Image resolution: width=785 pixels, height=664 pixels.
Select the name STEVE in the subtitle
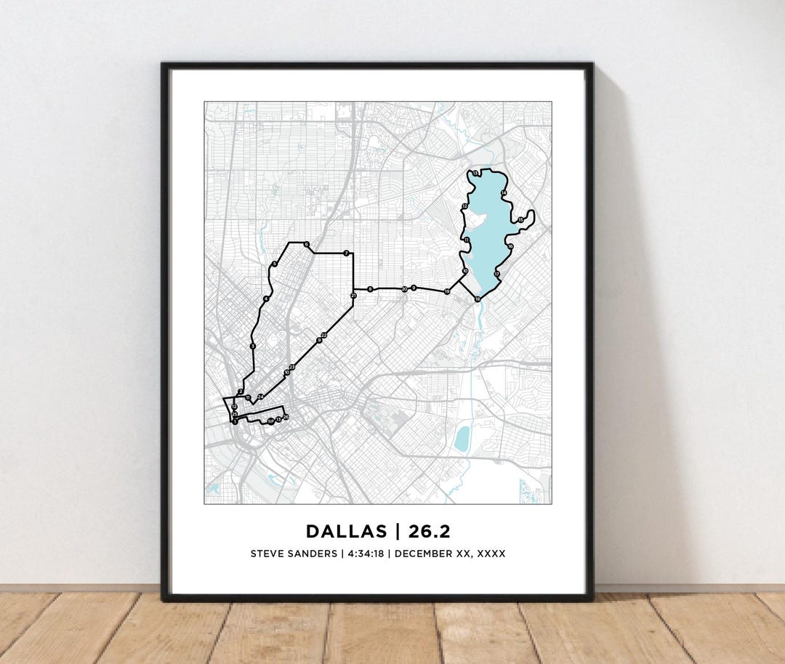coord(267,554)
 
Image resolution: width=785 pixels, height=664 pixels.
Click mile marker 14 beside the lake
coord(504,193)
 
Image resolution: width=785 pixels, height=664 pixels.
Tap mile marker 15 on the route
coord(520,219)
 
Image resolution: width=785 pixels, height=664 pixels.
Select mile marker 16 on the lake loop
coord(510,247)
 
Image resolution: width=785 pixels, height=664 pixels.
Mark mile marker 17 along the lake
coord(497,274)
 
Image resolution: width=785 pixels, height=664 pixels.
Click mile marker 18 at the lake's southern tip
coord(478,299)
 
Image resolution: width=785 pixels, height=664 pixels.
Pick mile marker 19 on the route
coord(447,291)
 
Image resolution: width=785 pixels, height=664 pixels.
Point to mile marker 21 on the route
coord(353,296)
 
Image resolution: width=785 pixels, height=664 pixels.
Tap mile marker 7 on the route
coord(347,253)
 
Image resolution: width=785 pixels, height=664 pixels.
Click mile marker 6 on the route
coord(307,244)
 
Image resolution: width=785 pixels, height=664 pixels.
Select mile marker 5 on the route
coord(274,264)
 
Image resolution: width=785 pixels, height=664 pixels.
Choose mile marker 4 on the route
coord(267,299)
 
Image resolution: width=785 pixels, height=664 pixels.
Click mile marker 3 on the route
coord(252,347)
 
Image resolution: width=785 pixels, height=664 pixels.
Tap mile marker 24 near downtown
coord(260,396)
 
